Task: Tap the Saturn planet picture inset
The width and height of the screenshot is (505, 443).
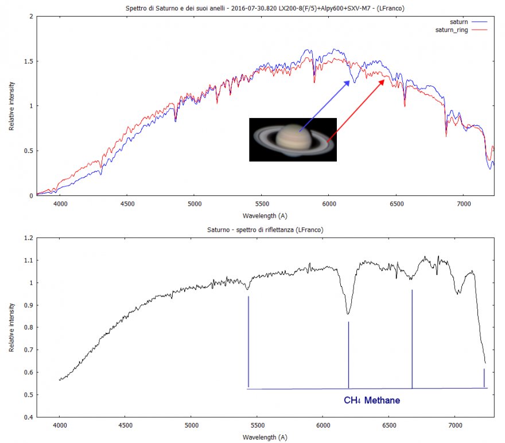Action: (293, 139)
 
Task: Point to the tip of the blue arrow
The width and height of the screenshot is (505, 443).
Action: (350, 81)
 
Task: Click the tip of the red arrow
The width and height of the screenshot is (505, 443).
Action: (385, 80)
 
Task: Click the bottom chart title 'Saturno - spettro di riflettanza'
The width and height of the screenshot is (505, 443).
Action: (265, 229)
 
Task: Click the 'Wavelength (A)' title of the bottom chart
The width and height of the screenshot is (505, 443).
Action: (265, 437)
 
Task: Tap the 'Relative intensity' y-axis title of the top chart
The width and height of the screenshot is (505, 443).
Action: (11, 106)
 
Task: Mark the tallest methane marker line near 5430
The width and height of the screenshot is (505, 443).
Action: (248, 342)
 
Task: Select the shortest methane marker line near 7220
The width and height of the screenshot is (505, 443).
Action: (484, 378)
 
